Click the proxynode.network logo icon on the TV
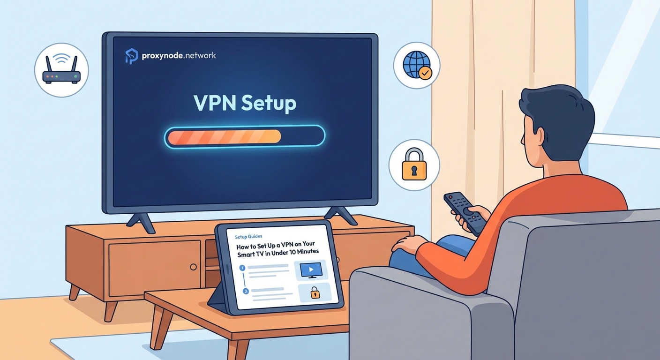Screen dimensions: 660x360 click(x=132, y=56)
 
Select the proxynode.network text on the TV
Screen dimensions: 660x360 click(x=179, y=55)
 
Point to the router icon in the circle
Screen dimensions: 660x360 click(x=61, y=71)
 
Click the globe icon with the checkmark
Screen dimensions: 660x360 click(x=416, y=66)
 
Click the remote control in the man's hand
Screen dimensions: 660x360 click(x=464, y=211)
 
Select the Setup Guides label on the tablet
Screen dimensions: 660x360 click(x=249, y=237)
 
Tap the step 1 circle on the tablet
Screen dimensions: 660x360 click(x=242, y=268)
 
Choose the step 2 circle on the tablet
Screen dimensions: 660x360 click(x=245, y=291)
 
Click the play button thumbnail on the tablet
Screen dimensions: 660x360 click(x=310, y=270)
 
